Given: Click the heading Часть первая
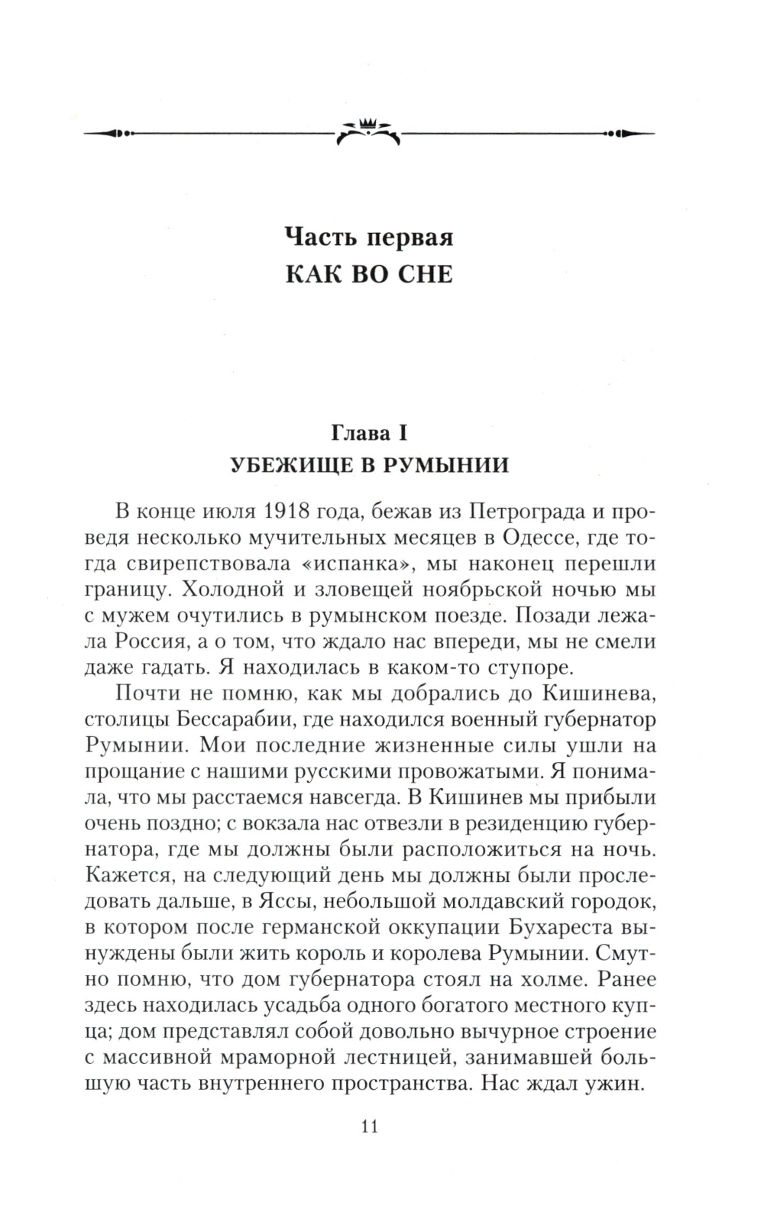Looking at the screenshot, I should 369,237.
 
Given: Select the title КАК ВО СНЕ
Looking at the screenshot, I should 369,274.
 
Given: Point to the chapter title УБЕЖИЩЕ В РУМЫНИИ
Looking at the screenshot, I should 369,465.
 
